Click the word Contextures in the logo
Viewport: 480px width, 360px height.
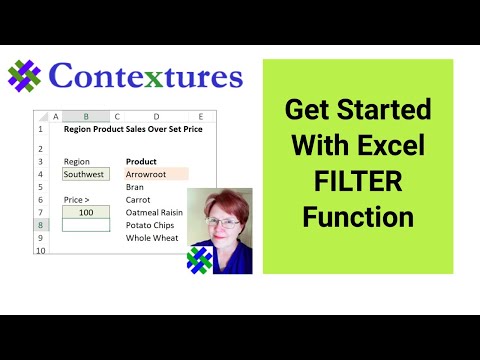[x=144, y=77]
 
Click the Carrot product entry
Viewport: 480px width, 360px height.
[x=138, y=200]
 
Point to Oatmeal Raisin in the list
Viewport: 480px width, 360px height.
[x=156, y=213]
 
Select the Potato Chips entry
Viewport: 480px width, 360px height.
[x=151, y=226]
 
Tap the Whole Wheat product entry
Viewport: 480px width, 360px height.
[x=152, y=239]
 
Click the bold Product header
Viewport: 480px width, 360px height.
[x=142, y=160]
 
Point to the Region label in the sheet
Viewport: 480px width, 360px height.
[x=76, y=160]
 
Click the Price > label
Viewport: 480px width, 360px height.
[x=78, y=200]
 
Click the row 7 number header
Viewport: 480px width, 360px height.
[x=41, y=213]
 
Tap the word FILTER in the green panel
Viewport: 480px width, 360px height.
[x=357, y=180]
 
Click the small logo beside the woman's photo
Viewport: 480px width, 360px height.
[x=201, y=259]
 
